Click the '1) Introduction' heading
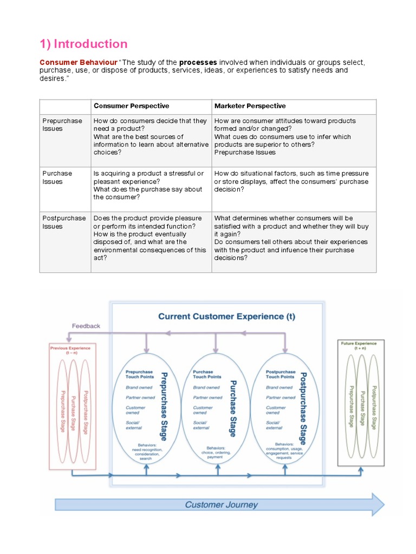pyautogui.click(x=83, y=44)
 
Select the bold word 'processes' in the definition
pyautogui.click(x=199, y=63)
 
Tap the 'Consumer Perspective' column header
pyautogui.click(x=131, y=106)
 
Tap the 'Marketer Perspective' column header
pyautogui.click(x=250, y=106)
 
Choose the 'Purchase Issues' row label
pyautogui.click(x=57, y=177)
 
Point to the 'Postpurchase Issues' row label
pyautogui.click(x=64, y=222)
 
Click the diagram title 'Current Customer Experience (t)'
pyautogui.click(x=226, y=316)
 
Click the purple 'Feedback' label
pyautogui.click(x=86, y=326)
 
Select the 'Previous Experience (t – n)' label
pyautogui.click(x=70, y=350)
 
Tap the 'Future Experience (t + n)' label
pyautogui.click(x=359, y=345)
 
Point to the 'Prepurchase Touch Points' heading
pyautogui.click(x=139, y=374)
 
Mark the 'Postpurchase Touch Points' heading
pyautogui.click(x=281, y=374)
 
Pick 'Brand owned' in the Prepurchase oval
pyautogui.click(x=139, y=387)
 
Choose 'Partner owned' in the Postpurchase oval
pyautogui.click(x=281, y=397)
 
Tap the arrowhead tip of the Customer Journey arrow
pyautogui.click(x=383, y=505)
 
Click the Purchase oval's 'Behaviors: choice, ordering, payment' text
pyautogui.click(x=215, y=452)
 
